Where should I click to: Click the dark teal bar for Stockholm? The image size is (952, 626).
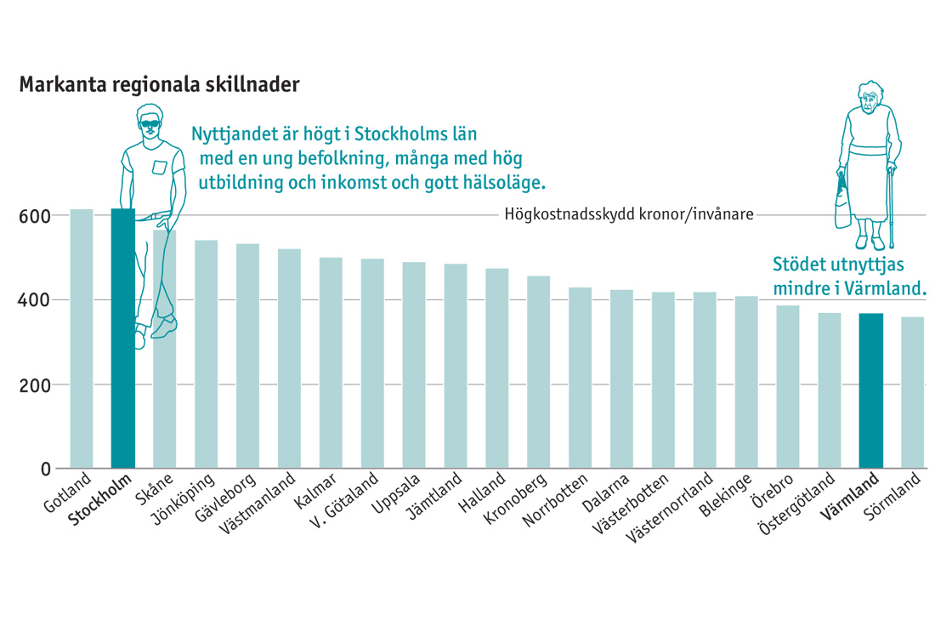click(123, 340)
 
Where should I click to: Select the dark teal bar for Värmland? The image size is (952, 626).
click(871, 391)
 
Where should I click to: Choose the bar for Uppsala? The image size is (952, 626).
click(414, 366)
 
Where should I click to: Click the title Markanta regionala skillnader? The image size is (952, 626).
click(159, 86)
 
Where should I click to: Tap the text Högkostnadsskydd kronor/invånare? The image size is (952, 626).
click(629, 214)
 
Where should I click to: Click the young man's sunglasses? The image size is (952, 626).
click(150, 125)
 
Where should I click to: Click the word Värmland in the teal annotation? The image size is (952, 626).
click(885, 288)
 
